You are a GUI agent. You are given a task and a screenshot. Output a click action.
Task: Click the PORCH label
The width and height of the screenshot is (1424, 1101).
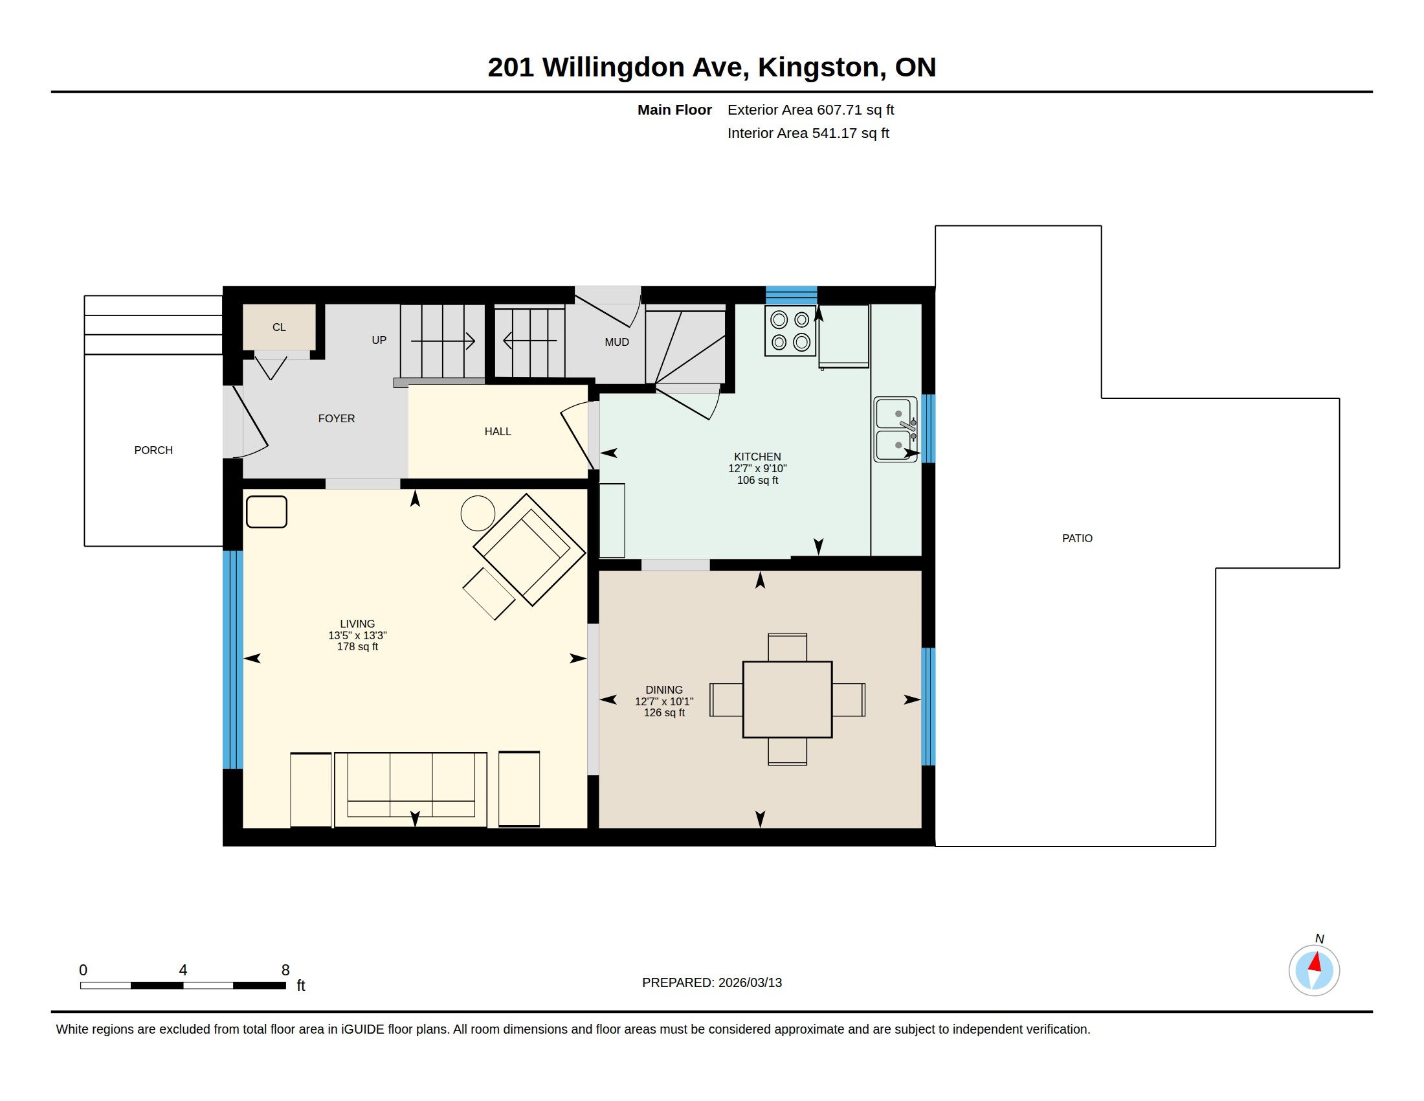153,450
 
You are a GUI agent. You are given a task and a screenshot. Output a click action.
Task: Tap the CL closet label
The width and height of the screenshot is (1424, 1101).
279,328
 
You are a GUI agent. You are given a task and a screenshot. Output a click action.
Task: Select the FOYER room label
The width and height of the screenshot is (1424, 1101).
337,419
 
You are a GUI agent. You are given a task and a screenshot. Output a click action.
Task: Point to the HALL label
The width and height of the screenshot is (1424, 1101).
498,432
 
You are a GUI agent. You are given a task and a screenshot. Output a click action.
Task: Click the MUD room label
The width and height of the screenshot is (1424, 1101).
617,343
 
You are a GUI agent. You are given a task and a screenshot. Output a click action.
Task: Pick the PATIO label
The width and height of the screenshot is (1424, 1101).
1077,539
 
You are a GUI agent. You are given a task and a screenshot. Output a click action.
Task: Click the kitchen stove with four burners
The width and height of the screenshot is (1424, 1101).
790,331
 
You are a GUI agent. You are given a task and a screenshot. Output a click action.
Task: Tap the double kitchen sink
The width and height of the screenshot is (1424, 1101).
895,430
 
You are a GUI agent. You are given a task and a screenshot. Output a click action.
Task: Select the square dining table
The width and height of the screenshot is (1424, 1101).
787,700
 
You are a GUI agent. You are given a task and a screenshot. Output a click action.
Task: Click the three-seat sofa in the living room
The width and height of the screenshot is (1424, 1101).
411,789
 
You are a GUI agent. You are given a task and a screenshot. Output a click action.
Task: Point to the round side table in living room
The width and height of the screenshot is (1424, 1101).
478,514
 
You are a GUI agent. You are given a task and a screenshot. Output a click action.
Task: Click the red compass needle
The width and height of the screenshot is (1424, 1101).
1315,962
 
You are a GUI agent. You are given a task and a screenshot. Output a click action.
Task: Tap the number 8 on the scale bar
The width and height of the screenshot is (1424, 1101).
285,970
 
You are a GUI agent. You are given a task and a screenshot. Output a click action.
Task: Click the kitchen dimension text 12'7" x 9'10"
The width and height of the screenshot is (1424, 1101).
758,468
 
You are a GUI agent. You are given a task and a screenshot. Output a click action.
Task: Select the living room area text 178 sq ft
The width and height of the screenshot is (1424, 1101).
357,647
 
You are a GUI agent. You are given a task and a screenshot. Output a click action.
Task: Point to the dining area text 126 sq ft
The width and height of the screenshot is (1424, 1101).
664,713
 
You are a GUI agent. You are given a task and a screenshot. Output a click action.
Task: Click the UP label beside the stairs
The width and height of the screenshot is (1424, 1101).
379,341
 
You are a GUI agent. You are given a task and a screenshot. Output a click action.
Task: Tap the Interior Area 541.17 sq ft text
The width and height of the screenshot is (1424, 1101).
808,133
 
